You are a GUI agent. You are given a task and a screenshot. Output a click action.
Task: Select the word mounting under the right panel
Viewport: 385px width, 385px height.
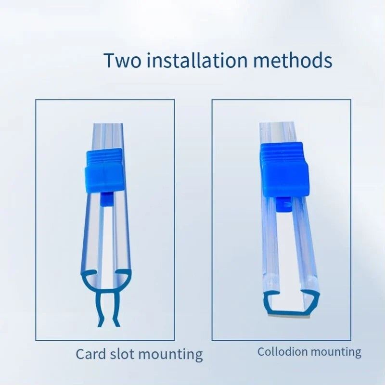[x=334, y=352]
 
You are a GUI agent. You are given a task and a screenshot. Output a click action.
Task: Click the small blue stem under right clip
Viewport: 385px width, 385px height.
[x=284, y=204]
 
